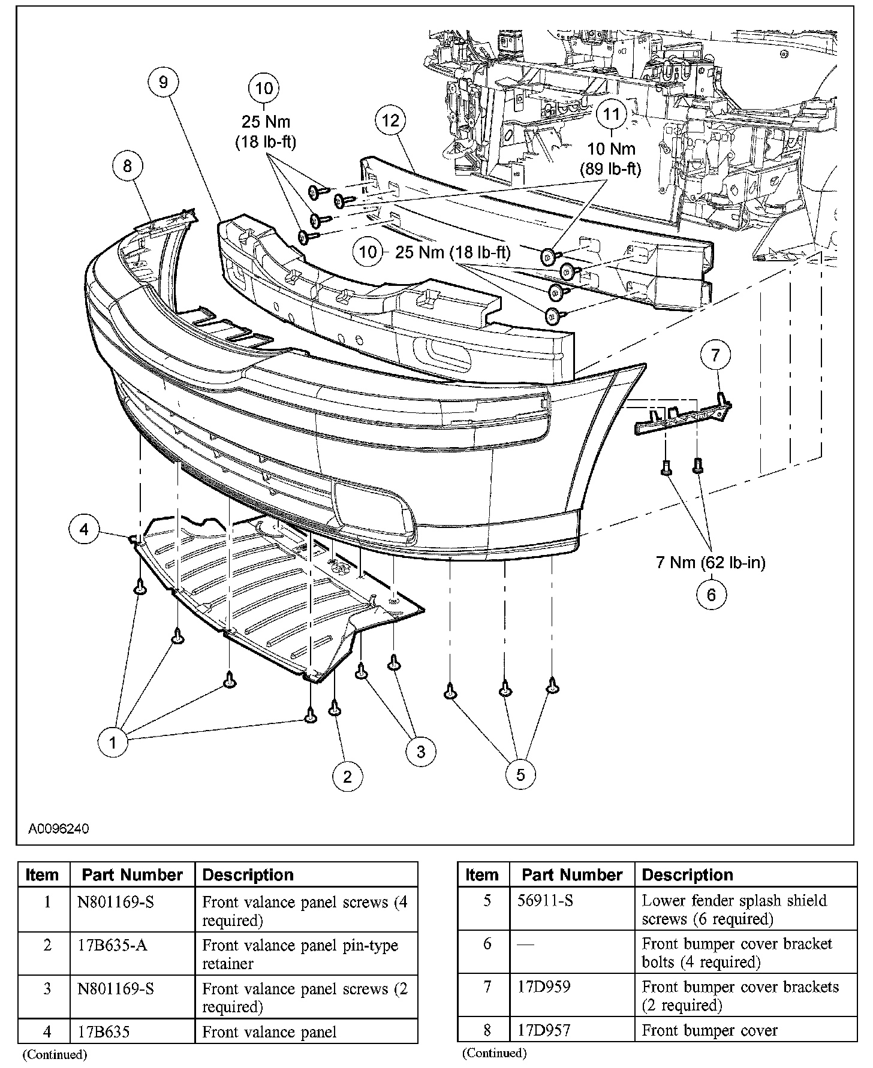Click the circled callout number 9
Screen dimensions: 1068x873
point(164,82)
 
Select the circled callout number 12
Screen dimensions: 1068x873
point(390,120)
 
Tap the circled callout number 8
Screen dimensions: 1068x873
point(127,165)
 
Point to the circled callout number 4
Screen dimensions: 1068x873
point(84,529)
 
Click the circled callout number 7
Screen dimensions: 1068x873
point(715,355)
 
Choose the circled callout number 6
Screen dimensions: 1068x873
point(711,594)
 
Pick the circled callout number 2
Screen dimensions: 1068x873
point(347,777)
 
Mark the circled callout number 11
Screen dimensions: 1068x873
point(611,113)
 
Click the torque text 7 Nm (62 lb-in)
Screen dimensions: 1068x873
point(711,563)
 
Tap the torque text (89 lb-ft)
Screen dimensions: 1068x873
point(610,170)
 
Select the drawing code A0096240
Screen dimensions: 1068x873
point(59,829)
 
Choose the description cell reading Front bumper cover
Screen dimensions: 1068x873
point(709,1030)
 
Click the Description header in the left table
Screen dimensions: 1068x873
point(248,875)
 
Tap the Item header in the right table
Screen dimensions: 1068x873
point(482,875)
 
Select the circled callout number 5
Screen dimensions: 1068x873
point(520,774)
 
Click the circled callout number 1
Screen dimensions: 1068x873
point(113,743)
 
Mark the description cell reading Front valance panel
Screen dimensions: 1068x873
point(269,1031)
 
